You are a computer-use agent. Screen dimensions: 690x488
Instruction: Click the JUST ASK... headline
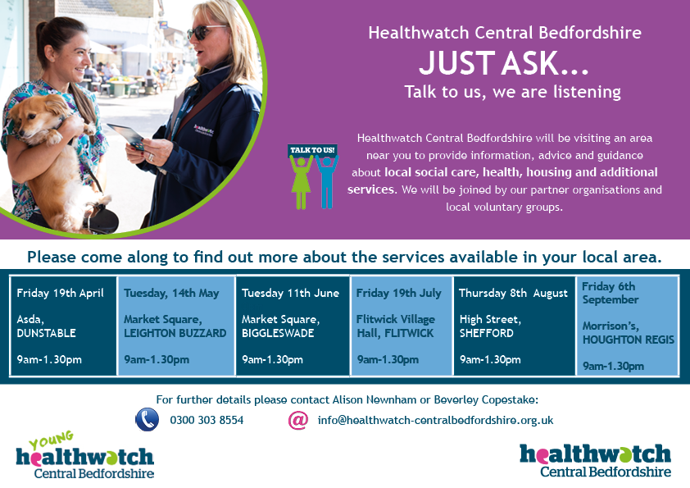pos(504,63)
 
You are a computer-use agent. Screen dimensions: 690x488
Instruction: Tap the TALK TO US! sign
pos(312,150)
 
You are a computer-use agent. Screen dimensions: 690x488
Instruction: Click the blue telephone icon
pos(147,419)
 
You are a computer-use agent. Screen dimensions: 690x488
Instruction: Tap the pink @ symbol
pos(298,420)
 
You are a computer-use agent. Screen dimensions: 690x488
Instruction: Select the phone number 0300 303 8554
pos(207,420)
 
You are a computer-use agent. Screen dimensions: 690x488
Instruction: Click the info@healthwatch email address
pos(436,420)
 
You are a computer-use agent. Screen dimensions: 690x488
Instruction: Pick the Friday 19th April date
pos(61,294)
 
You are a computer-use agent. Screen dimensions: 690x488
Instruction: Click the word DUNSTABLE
pos(46,333)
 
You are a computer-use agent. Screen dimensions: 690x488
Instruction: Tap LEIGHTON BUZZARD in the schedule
pos(175,333)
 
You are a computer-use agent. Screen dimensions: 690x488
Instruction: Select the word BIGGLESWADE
pos(278,333)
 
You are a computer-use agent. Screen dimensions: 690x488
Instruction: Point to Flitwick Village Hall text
pos(395,326)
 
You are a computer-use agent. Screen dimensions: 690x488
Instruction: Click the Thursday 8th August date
pos(513,294)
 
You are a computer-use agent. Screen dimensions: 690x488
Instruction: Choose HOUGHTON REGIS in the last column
pos(629,340)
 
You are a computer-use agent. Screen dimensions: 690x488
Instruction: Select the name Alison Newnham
pos(374,400)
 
